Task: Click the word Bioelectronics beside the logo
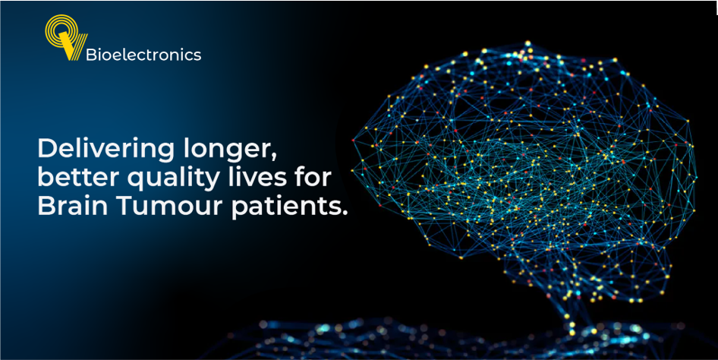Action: click(x=143, y=55)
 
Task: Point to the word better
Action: click(x=74, y=177)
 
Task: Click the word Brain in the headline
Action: click(x=70, y=207)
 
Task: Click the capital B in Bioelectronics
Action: click(x=91, y=55)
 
